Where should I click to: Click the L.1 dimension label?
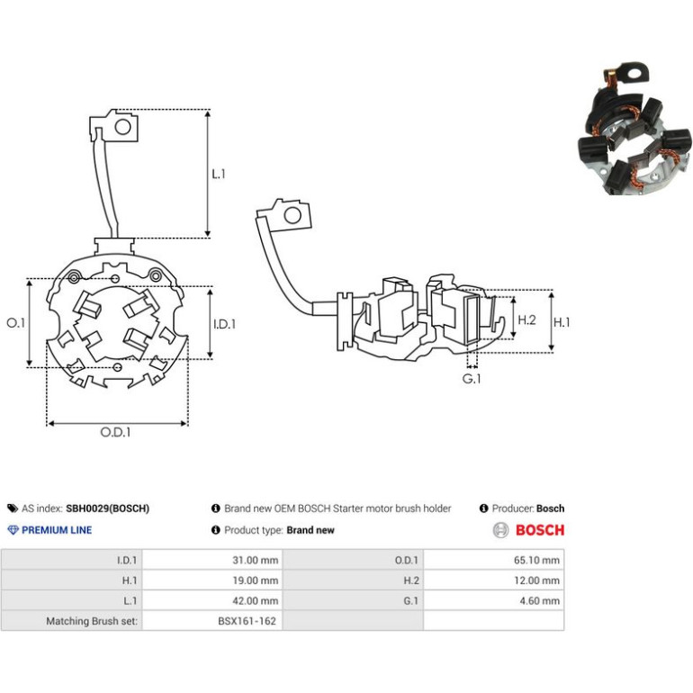tap(219, 174)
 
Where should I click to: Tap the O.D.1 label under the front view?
tap(115, 432)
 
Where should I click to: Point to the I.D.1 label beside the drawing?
tap(224, 324)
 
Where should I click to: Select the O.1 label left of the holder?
tap(16, 323)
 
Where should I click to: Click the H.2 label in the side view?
tap(526, 319)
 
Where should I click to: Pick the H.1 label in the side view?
tap(562, 322)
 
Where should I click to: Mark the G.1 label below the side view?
tap(471, 379)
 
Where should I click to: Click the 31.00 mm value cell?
tap(256, 560)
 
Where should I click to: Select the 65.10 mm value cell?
tap(536, 560)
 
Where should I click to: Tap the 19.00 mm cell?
tap(256, 580)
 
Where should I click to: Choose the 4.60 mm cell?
tap(540, 600)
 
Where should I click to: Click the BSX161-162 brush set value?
tap(247, 621)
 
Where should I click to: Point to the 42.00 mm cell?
tap(256, 600)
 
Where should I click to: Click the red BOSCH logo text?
tap(540, 530)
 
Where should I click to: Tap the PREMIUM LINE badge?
tap(49, 530)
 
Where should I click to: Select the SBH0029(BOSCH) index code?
tap(107, 508)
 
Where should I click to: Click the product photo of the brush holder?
tap(634, 129)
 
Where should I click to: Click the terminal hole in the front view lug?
tap(123, 127)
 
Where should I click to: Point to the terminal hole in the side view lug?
tap(292, 216)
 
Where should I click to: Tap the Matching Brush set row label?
tap(92, 621)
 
